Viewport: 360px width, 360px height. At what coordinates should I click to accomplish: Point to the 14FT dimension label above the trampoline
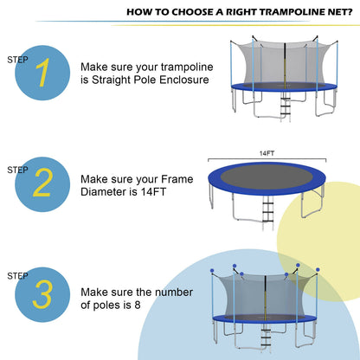point(265,153)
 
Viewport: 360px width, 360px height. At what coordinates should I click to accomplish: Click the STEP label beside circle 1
point(16,60)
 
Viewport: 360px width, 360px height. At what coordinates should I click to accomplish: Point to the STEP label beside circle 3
point(16,276)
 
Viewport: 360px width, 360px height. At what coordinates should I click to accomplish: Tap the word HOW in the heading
point(139,13)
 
